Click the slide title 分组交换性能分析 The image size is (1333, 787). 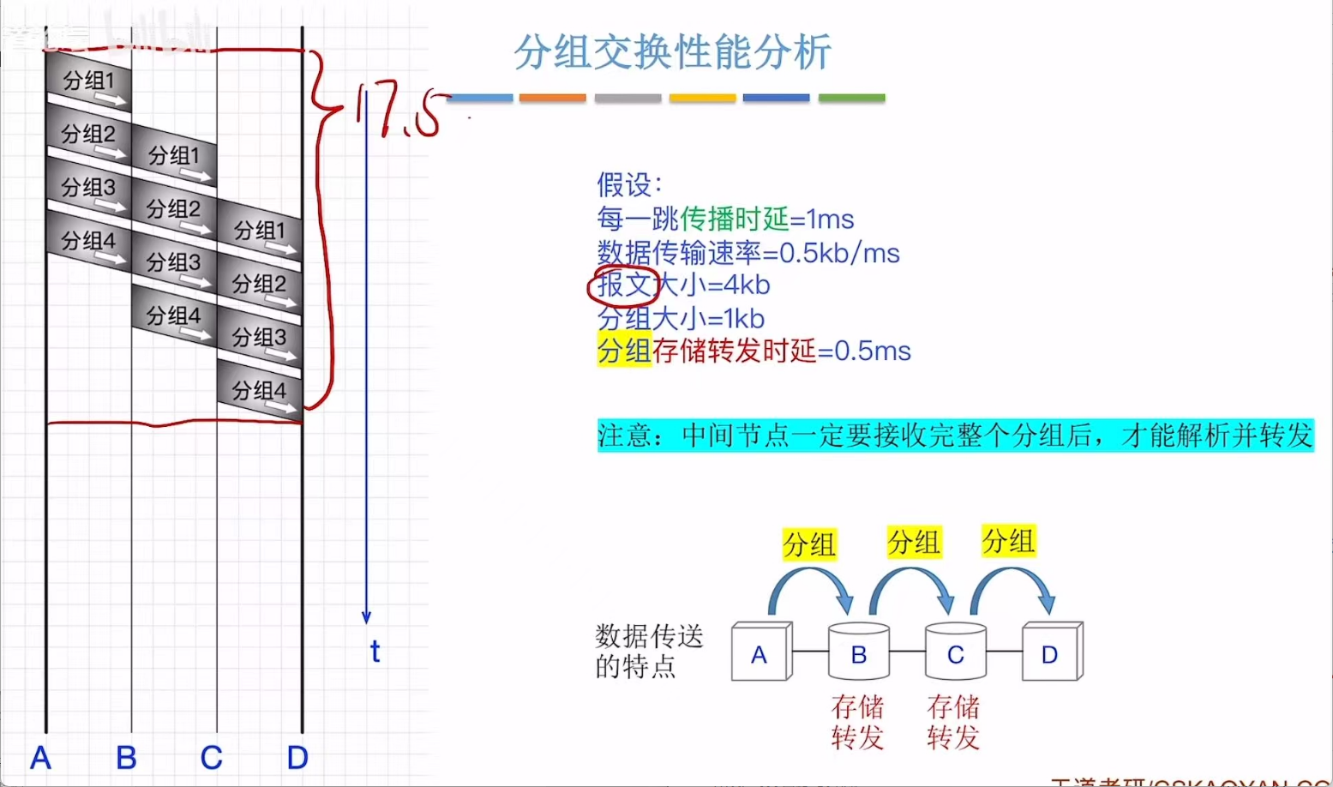(672, 52)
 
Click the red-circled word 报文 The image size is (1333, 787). (623, 285)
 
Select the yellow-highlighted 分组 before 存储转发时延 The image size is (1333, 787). (624, 351)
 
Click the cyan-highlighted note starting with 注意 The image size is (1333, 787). (955, 436)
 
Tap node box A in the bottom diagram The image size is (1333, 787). (760, 654)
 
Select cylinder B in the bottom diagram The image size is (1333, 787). (858, 653)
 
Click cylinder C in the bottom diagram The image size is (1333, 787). (955, 654)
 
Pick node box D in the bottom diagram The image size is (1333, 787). (1050, 653)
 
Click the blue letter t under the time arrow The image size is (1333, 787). (375, 652)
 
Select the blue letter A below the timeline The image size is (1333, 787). (40, 757)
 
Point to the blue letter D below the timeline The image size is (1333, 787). (297, 757)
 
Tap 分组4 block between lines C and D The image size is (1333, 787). (259, 392)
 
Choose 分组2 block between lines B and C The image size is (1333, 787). (174, 210)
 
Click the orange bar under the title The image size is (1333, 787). (552, 99)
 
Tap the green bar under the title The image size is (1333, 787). (851, 99)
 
